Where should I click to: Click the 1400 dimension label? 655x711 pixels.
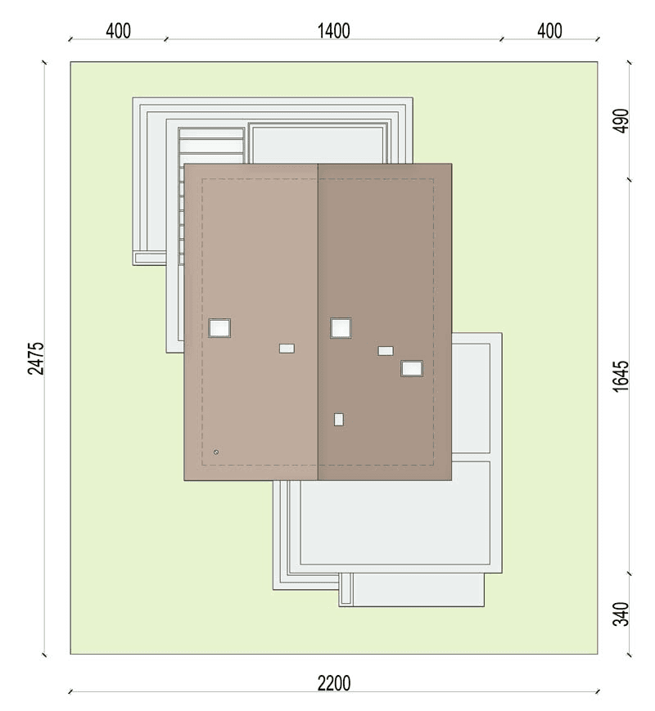[333, 31]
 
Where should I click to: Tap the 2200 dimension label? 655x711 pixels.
[333, 683]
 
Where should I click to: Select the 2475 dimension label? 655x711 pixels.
[37, 358]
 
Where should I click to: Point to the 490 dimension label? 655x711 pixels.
[621, 120]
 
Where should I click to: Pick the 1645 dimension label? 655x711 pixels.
[621, 376]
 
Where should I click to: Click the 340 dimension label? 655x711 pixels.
[621, 614]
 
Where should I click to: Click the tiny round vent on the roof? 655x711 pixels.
[216, 452]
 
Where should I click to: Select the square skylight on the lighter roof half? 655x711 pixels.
[219, 328]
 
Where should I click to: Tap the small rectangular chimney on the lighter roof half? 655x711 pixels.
[287, 349]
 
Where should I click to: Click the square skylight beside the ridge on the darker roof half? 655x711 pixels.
[341, 328]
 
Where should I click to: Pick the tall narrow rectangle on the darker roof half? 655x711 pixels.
[339, 420]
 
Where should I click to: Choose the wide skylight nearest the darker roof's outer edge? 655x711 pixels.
[412, 368]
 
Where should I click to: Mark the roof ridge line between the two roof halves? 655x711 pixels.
[318, 322]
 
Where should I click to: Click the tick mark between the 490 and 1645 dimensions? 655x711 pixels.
[629, 180]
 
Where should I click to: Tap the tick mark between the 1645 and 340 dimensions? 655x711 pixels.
[629, 574]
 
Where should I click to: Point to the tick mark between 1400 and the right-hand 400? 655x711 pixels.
[502, 39]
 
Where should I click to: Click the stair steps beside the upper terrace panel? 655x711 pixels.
[211, 145]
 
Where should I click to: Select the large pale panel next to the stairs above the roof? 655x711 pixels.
[317, 145]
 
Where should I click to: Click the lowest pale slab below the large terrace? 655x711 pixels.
[418, 589]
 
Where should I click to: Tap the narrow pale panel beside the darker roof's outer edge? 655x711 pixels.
[471, 398]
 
